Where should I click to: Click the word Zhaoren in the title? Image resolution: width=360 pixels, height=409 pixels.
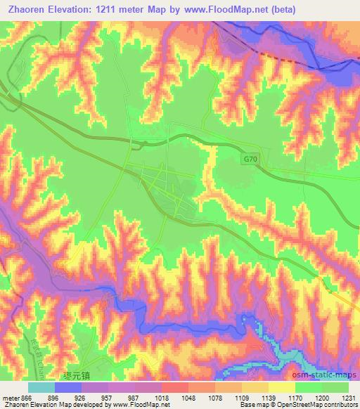26,9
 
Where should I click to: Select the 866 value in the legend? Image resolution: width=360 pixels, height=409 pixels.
27,396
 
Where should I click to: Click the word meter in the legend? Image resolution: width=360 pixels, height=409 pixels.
10,396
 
